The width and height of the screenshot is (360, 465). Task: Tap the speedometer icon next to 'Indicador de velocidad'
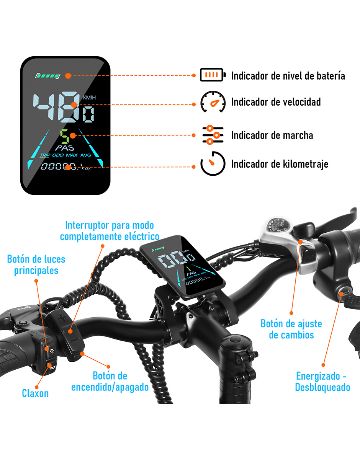tap(213, 102)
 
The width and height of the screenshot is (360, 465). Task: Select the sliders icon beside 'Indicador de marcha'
tap(213, 135)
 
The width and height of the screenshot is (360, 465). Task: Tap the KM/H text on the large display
tap(89, 98)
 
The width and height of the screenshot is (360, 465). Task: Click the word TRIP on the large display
tap(45, 155)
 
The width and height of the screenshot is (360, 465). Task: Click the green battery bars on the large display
tap(47, 76)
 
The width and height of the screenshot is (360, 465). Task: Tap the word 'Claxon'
tap(35, 393)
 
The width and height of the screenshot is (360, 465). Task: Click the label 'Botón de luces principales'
tap(36, 265)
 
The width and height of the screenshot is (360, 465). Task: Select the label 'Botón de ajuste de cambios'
tap(291, 329)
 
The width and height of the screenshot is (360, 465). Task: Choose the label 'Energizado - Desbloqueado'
tap(322, 381)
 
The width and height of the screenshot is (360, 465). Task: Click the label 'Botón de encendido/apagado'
tap(110, 381)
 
